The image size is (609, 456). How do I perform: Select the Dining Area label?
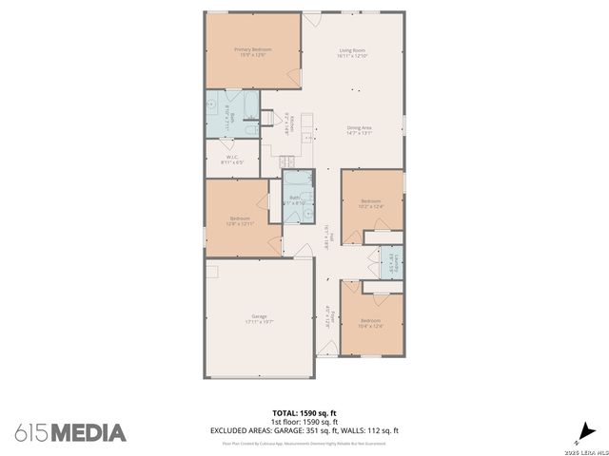click(x=359, y=128)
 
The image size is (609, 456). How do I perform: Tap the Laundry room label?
click(x=389, y=263)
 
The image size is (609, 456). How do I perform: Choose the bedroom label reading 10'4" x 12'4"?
click(x=370, y=324)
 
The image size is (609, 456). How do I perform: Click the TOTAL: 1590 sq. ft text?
click(x=304, y=413)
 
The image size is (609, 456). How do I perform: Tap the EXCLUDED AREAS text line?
click(x=304, y=430)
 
